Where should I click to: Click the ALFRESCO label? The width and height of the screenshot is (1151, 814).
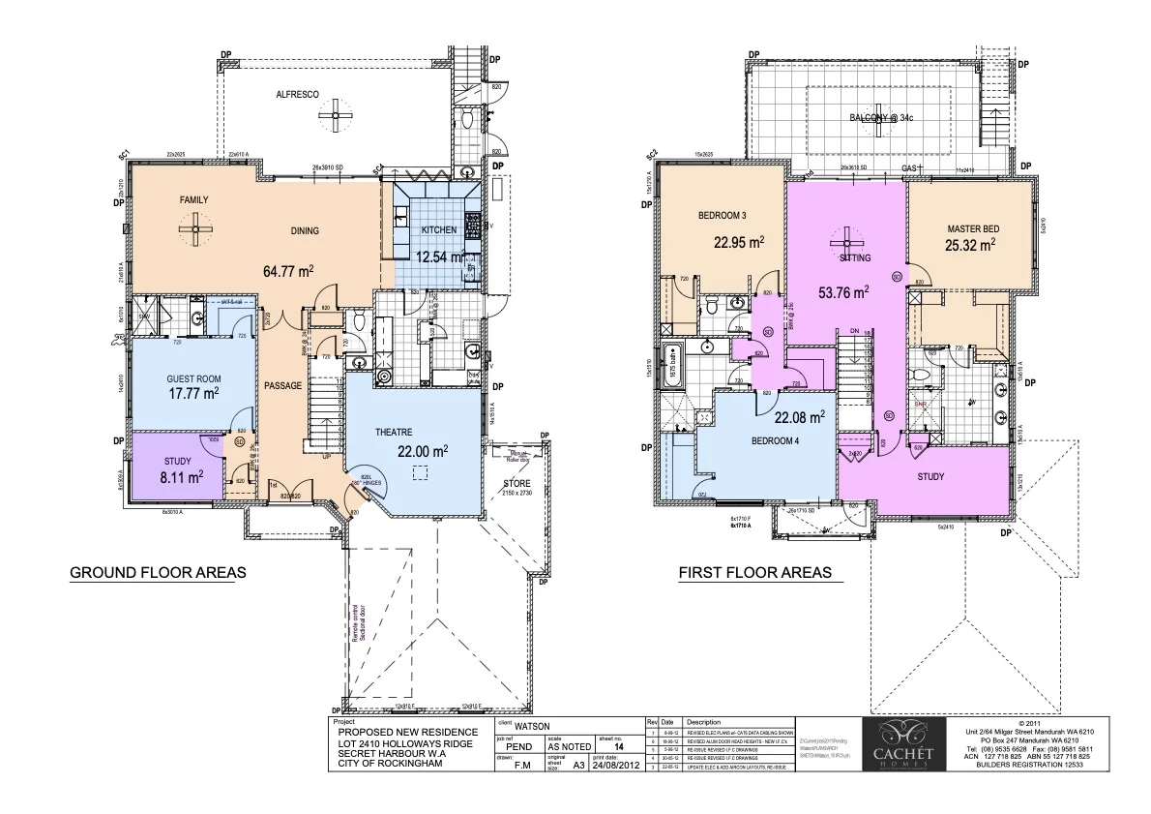click(x=292, y=94)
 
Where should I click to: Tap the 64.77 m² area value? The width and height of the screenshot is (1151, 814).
click(x=288, y=270)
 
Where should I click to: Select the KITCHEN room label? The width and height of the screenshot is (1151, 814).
click(x=438, y=229)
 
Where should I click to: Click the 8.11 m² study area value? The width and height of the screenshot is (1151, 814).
click(x=182, y=476)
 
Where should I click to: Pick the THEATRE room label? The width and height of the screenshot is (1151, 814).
click(x=394, y=432)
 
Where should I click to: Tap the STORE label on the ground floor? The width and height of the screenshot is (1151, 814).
click(x=516, y=484)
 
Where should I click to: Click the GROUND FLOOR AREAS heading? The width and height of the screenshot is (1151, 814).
click(x=158, y=573)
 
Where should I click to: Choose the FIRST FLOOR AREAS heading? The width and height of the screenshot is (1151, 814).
click(x=754, y=573)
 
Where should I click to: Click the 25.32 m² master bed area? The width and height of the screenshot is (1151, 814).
click(x=970, y=246)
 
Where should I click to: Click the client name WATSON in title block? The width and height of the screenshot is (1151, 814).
click(x=533, y=724)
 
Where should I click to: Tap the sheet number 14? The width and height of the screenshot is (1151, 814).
click(x=605, y=748)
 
